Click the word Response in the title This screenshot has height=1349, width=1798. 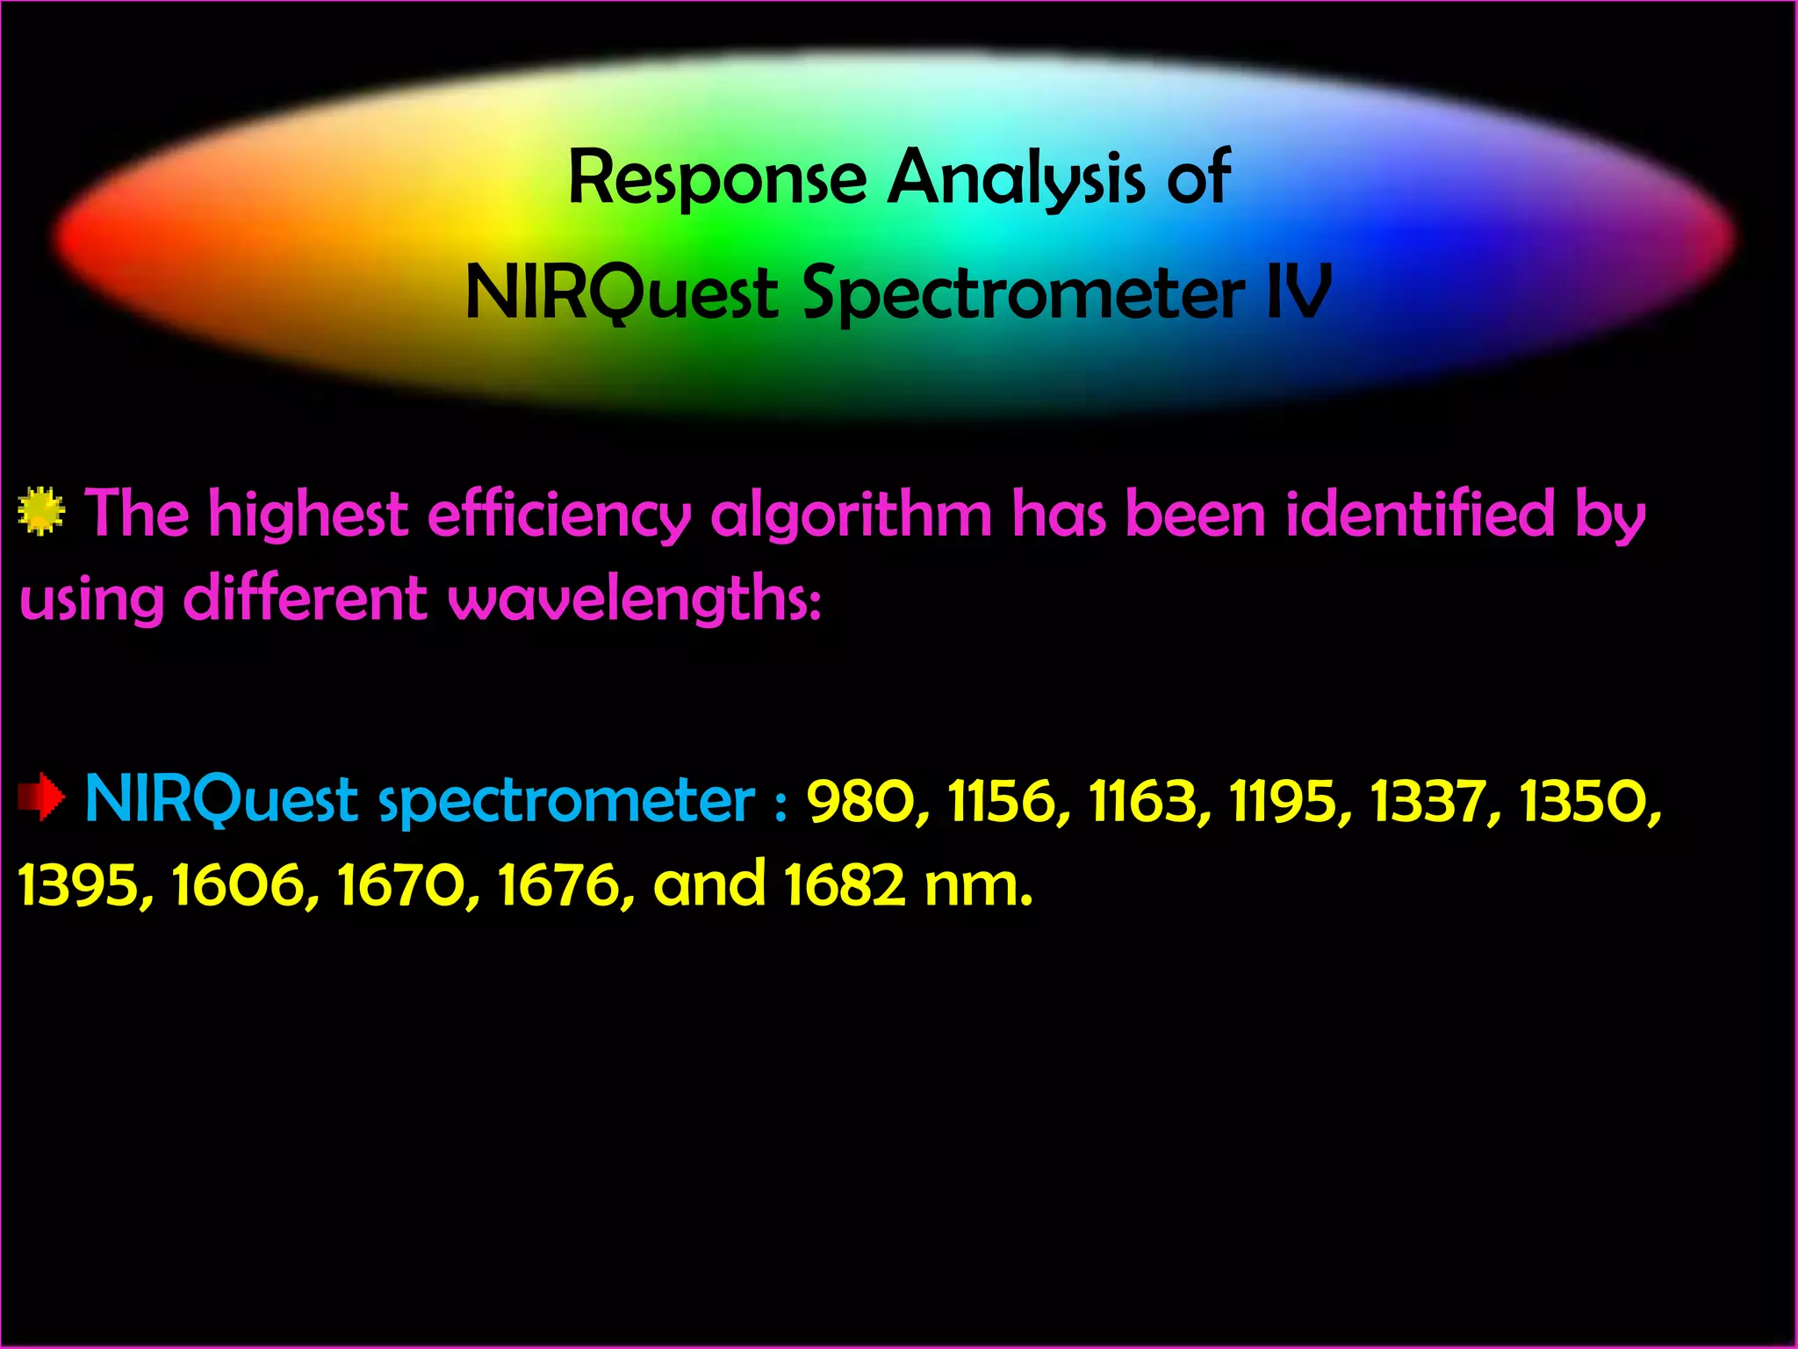717,178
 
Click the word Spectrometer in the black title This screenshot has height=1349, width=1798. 1023,293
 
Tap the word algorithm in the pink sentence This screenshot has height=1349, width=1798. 851,516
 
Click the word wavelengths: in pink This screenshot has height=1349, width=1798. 635,600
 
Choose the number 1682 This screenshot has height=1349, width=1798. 844,884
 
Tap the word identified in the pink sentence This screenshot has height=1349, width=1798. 1420,514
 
